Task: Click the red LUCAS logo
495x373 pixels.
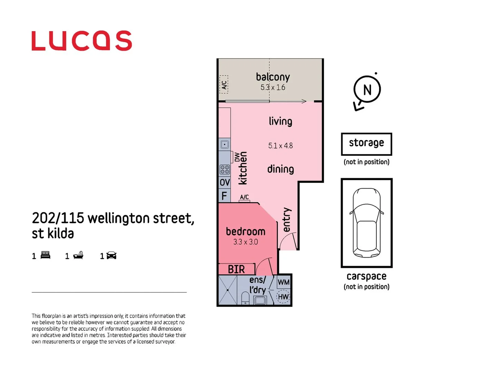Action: pos(82,41)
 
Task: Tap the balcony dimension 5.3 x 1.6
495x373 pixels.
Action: pos(273,87)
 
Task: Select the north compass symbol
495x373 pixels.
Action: pos(367,90)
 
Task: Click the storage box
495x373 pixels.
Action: pos(366,144)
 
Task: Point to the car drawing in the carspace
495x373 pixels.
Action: pos(367,223)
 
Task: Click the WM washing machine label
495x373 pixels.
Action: pos(283,282)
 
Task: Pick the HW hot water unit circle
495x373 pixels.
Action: pos(283,297)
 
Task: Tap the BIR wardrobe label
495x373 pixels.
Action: pos(236,269)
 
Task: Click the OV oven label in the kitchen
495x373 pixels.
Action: pos(225,182)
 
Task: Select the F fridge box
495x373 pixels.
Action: pos(224,196)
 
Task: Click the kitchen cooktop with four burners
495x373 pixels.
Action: pos(225,169)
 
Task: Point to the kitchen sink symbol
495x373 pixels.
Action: pos(225,144)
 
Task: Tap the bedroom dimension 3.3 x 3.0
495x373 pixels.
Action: pos(245,242)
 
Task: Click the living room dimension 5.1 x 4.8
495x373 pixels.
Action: pos(280,146)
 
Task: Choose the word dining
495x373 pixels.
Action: pos(280,169)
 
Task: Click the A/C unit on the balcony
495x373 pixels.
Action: pos(224,85)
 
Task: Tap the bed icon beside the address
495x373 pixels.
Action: pos(45,256)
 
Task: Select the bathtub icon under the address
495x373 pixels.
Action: pos(78,256)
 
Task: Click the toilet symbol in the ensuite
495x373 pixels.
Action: pos(245,298)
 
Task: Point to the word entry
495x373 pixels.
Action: pos(287,220)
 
